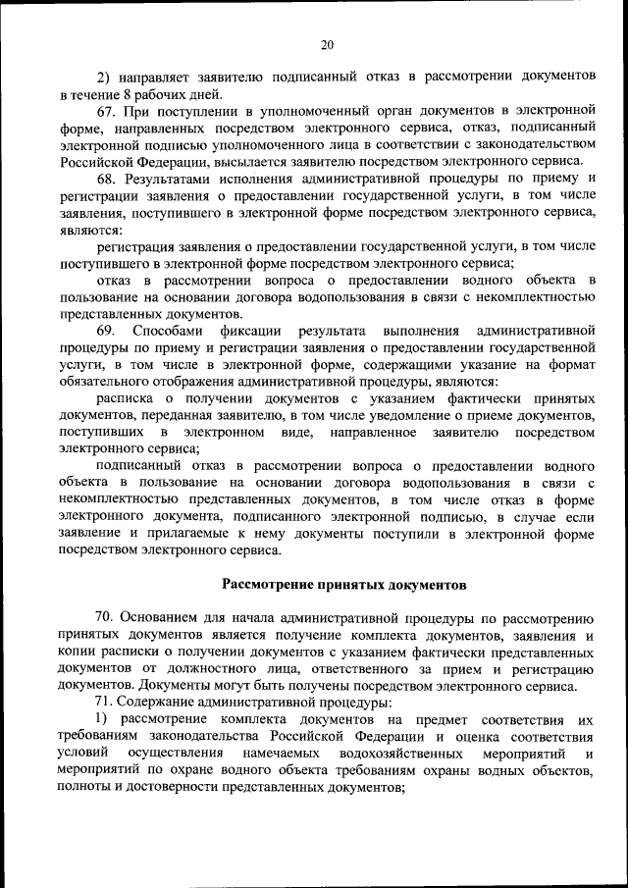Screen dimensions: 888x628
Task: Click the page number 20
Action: click(x=327, y=43)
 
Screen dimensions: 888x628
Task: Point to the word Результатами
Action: click(x=168, y=178)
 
